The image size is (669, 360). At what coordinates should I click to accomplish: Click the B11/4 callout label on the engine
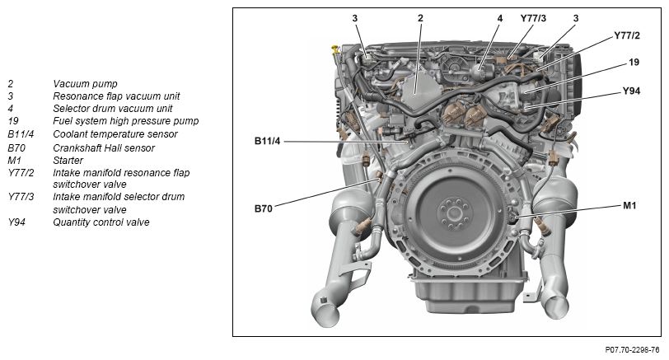click(x=268, y=141)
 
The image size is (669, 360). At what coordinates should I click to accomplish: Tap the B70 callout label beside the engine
click(x=263, y=208)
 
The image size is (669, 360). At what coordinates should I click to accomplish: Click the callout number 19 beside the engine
click(x=634, y=62)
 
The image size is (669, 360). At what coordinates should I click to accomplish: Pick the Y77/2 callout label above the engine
click(x=628, y=36)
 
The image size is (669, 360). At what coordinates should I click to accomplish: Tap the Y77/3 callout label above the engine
click(x=533, y=17)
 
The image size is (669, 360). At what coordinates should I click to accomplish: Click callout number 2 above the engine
click(x=420, y=17)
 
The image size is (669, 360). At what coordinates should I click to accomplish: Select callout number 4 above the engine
click(x=499, y=17)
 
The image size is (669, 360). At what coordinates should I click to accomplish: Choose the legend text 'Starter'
click(x=68, y=161)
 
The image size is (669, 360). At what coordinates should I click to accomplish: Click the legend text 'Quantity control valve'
click(x=101, y=222)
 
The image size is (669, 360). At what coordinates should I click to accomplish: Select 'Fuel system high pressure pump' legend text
click(x=125, y=121)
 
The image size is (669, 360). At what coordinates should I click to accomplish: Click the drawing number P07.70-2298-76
click(x=626, y=350)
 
